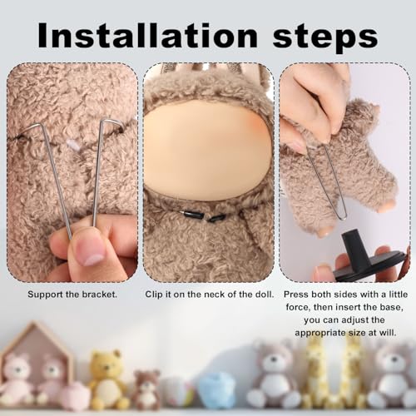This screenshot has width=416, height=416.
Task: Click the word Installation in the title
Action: pyautogui.click(x=148, y=35)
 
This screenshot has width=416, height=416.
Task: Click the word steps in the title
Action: pyautogui.click(x=325, y=38)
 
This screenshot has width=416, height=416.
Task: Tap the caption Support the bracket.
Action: pyautogui.click(x=72, y=295)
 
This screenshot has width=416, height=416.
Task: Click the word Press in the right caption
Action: pyautogui.click(x=295, y=295)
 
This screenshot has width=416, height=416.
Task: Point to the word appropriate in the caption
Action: pyautogui.click(x=327, y=333)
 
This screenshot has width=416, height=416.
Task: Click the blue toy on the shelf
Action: pyautogui.click(x=215, y=390)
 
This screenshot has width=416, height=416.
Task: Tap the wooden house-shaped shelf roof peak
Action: pyautogui.click(x=36, y=324)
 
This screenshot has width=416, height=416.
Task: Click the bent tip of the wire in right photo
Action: pyautogui.click(x=344, y=218)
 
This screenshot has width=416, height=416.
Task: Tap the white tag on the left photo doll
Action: pyautogui.click(x=72, y=145)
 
